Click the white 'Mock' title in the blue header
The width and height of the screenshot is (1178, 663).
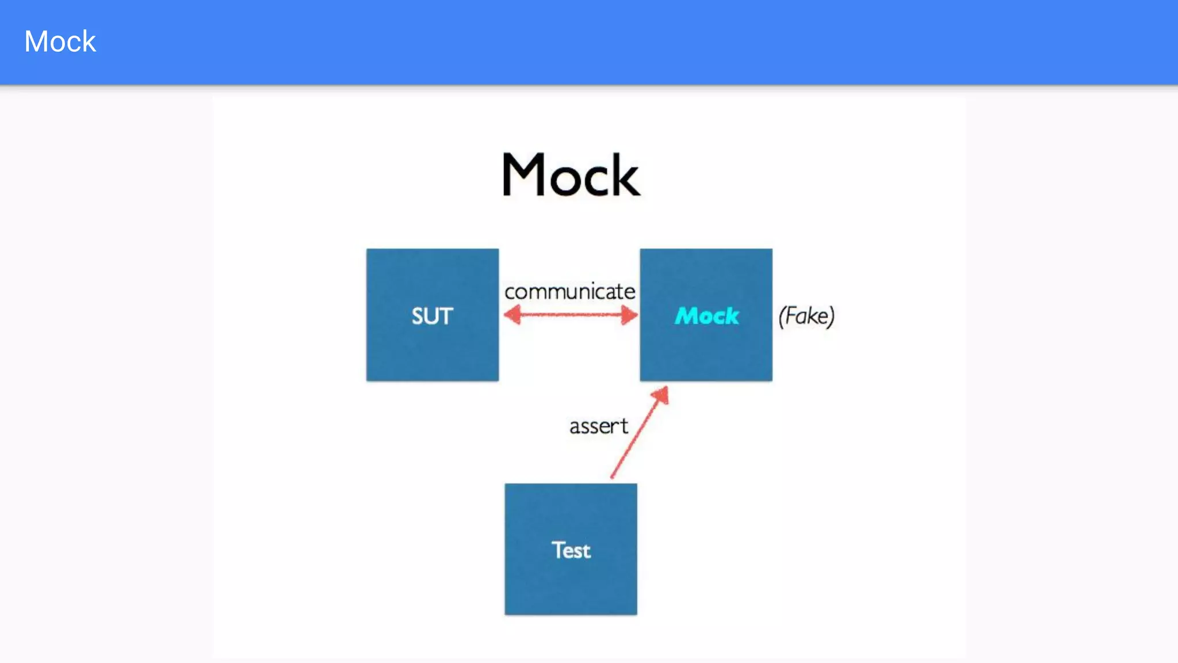tap(60, 41)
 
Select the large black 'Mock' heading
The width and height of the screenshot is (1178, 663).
tap(571, 175)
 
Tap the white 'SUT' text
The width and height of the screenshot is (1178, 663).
tap(433, 316)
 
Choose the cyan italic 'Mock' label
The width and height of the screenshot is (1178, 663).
tap(706, 315)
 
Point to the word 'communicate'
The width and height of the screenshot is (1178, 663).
tap(569, 292)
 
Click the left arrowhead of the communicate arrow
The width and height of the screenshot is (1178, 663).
tap(512, 315)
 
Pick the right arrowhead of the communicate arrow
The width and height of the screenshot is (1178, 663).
tap(630, 315)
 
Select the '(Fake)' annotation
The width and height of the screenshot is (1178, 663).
tap(806, 316)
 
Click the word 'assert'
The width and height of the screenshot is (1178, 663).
tap(598, 426)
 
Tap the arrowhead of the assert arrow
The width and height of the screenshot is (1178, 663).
tap(661, 395)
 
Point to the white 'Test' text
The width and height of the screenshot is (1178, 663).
tap(571, 550)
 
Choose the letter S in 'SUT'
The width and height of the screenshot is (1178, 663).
tap(418, 316)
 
